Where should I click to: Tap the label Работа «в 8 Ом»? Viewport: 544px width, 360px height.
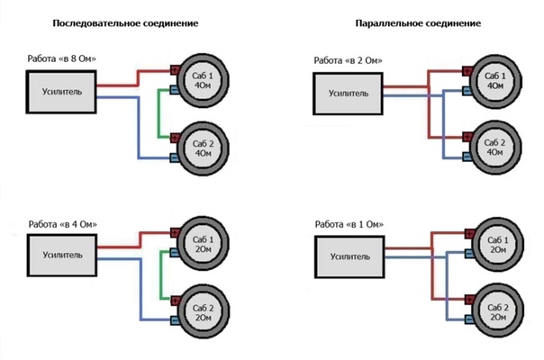point(61,59)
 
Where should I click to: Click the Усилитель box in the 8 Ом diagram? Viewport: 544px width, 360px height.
point(61,91)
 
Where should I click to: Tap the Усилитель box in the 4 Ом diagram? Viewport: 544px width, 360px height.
point(61,255)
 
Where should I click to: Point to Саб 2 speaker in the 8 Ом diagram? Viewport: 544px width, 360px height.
point(206,147)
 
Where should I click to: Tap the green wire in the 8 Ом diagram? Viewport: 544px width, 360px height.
point(161,113)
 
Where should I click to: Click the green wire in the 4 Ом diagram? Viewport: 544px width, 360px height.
point(161,277)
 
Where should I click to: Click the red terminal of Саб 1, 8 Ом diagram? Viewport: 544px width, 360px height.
point(175,69)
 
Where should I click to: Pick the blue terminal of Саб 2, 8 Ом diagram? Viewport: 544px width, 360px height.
point(175,157)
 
